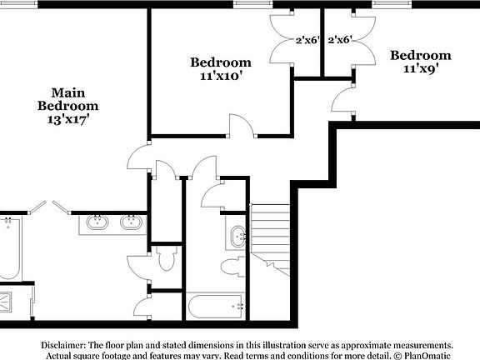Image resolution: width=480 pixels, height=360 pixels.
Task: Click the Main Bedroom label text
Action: (67, 99)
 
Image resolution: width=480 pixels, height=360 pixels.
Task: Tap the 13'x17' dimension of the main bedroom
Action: (67, 119)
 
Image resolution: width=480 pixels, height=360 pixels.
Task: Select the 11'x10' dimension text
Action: (220, 76)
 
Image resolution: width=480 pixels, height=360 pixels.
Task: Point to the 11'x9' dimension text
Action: (421, 69)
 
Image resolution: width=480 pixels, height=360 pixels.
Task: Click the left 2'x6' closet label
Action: (307, 39)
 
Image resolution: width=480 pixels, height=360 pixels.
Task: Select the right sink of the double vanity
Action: (129, 222)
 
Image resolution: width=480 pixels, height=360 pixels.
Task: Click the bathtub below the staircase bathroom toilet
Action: (216, 306)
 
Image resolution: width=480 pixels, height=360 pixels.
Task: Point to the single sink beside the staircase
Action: (237, 236)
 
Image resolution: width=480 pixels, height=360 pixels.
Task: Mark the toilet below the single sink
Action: (231, 267)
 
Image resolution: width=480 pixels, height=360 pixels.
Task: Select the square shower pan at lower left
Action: (7, 301)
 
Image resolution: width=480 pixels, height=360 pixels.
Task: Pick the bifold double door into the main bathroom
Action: (50, 207)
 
